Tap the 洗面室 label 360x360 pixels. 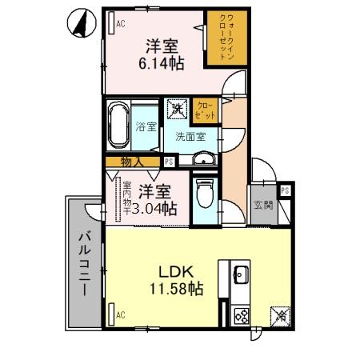pos(190,136)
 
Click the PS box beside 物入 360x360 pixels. pos(169,162)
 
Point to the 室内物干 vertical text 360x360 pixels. pos(126,202)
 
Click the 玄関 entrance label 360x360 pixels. pos(262,206)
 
